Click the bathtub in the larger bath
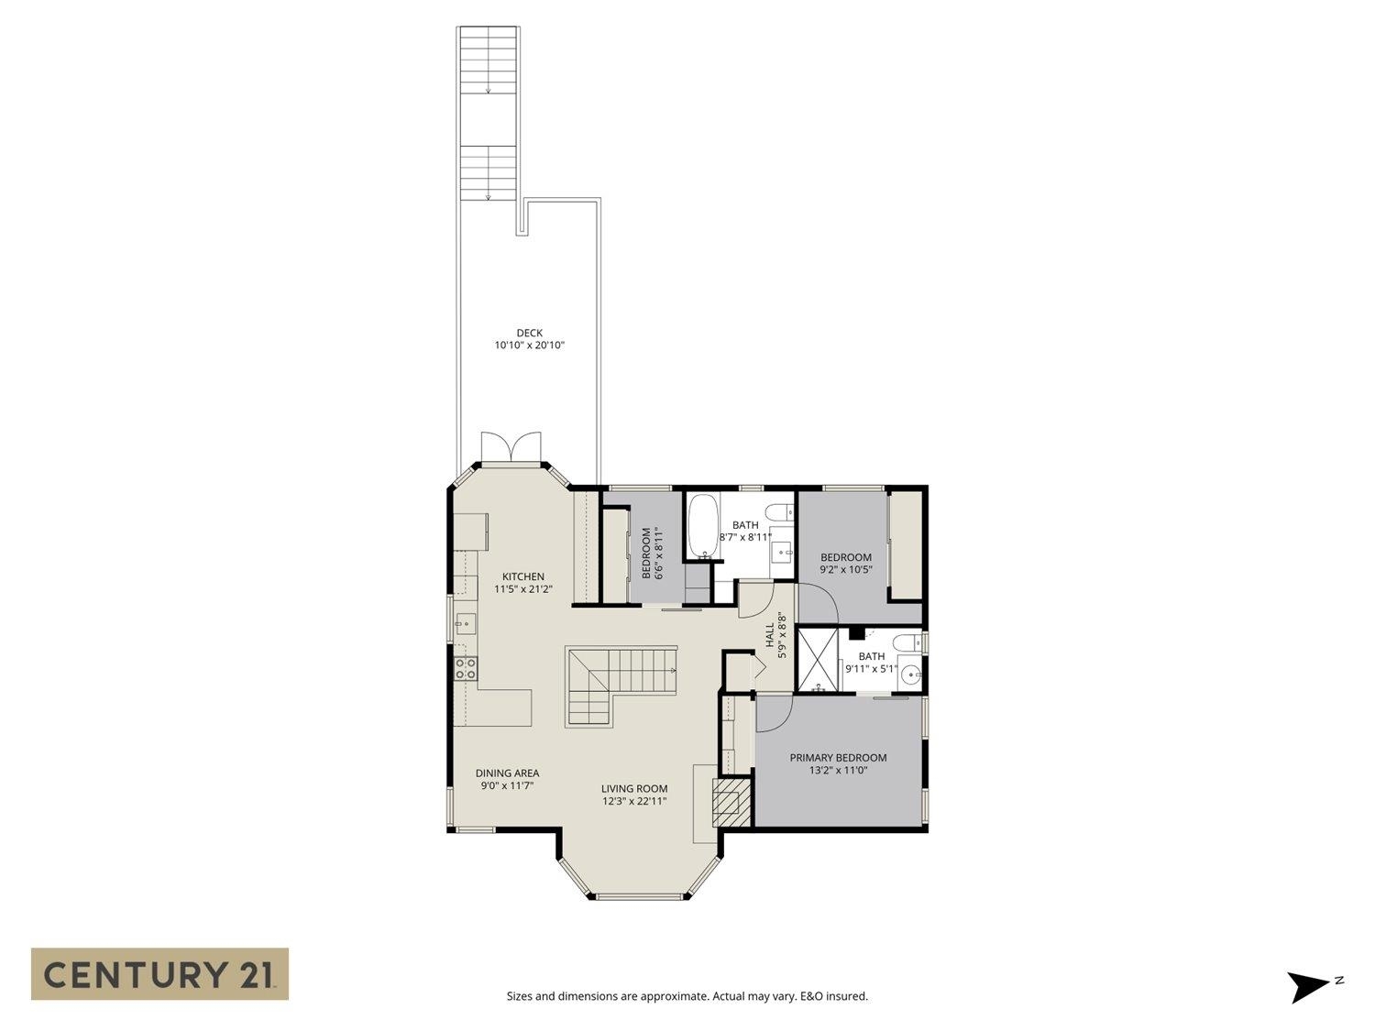pyautogui.click(x=703, y=527)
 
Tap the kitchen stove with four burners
pyautogui.click(x=465, y=668)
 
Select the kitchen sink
pyautogui.click(x=464, y=625)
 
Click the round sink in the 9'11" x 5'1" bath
pyautogui.click(x=910, y=674)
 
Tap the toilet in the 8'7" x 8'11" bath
pyautogui.click(x=780, y=511)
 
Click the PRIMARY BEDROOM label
pyautogui.click(x=838, y=758)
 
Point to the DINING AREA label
pyautogui.click(x=507, y=773)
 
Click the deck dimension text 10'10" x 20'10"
pyautogui.click(x=529, y=345)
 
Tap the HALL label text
pyautogui.click(x=770, y=636)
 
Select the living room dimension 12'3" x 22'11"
pyautogui.click(x=633, y=801)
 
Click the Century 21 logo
pyautogui.click(x=159, y=973)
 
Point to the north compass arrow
pyautogui.click(x=1308, y=986)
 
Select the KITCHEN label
pyautogui.click(x=522, y=576)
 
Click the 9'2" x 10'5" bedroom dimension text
pyautogui.click(x=845, y=569)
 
